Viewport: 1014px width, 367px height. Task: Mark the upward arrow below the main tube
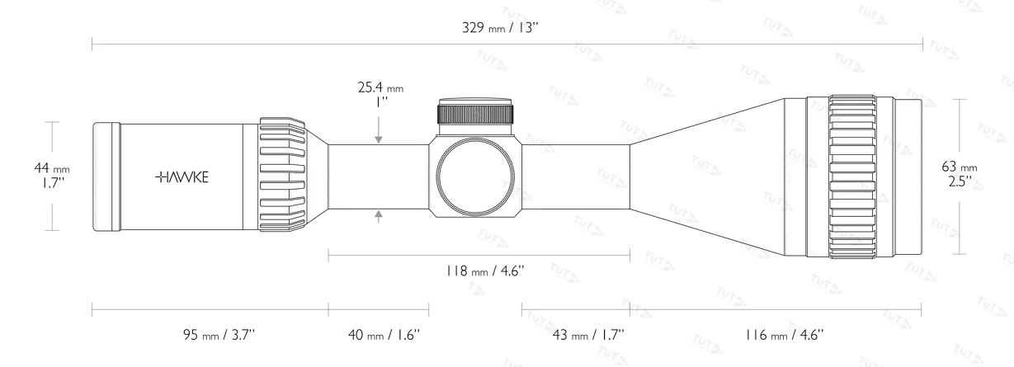click(x=380, y=216)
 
